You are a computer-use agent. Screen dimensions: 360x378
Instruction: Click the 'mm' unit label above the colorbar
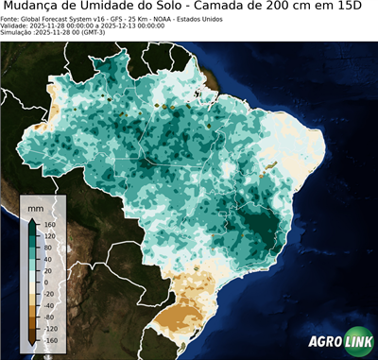(36, 206)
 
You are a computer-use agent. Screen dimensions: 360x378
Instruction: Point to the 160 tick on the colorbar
(49, 224)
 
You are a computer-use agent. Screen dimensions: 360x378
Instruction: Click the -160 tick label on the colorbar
(51, 339)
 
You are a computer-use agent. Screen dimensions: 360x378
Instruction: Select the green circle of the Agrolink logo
(360, 343)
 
